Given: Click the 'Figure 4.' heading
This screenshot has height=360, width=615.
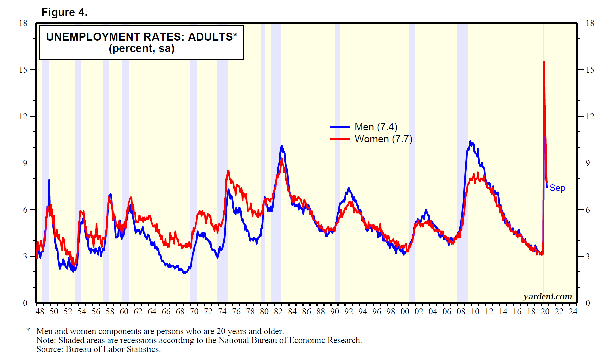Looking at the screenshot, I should click(64, 12).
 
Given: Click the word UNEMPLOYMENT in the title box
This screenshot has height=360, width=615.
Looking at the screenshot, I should click(93, 37).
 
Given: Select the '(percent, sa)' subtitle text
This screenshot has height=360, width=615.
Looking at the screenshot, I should click(141, 49).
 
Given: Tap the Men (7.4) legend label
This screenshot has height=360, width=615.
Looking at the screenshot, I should click(376, 127).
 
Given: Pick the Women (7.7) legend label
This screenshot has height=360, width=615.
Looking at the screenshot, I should click(383, 139).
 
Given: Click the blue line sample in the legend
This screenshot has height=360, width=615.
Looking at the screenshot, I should click(339, 127).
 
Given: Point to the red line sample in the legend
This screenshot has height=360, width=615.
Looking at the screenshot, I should click(339, 139).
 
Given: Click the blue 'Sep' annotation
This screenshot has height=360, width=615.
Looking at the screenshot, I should click(557, 188).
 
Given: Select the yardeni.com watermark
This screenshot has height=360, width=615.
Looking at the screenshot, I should click(547, 296).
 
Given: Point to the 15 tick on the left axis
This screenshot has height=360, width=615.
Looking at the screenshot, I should click(23, 70).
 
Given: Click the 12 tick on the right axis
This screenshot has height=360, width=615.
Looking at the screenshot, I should click(590, 116).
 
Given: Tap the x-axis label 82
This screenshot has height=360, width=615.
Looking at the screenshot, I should click(278, 311).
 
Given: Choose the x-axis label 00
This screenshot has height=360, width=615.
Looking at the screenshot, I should click(405, 311).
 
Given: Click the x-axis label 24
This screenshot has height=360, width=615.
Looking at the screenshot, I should click(573, 311).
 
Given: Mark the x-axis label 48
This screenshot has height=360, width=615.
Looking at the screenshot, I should click(40, 311).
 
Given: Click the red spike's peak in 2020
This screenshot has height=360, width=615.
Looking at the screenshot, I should click(544, 62).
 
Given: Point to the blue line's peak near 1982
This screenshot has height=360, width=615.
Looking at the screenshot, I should click(282, 146).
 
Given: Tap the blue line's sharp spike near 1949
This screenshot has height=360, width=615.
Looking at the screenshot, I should click(49, 180).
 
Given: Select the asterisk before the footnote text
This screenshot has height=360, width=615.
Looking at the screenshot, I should click(28, 330).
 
